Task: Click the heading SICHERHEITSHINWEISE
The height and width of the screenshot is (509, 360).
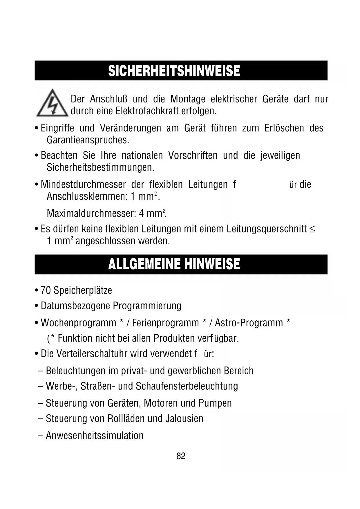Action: [174, 71]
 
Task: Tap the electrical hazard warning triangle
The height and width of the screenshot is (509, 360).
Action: [52, 104]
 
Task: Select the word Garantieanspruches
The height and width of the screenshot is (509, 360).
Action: [88, 140]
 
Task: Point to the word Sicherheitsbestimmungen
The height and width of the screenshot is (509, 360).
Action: [100, 167]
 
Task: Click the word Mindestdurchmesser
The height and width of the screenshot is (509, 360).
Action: [83, 185]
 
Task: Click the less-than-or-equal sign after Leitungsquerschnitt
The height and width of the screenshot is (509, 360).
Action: [312, 229]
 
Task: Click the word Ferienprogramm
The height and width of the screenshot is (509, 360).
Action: [165, 323]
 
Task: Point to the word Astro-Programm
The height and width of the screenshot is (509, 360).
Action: [249, 323]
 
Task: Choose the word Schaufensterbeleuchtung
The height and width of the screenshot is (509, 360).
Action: [187, 386]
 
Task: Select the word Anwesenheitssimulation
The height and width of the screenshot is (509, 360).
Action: [95, 436]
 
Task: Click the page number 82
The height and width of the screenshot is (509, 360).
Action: [181, 456]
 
